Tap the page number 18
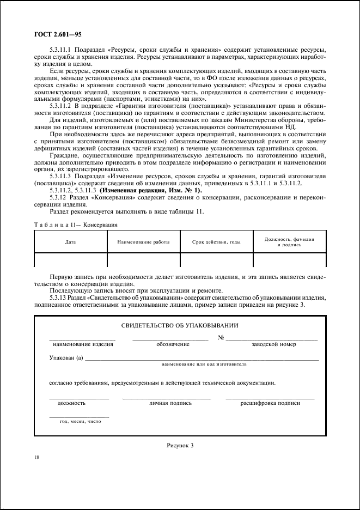[x=36, y=458]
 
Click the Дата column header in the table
[x=70, y=241]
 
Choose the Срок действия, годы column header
[x=216, y=241]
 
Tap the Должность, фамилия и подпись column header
[x=289, y=242]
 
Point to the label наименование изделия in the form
[x=83, y=344]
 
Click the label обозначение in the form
[x=173, y=344]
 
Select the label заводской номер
[x=273, y=344]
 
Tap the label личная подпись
[x=170, y=404]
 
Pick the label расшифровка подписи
[x=270, y=404]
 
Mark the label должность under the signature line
[x=71, y=404]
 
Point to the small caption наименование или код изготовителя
[x=204, y=363]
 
